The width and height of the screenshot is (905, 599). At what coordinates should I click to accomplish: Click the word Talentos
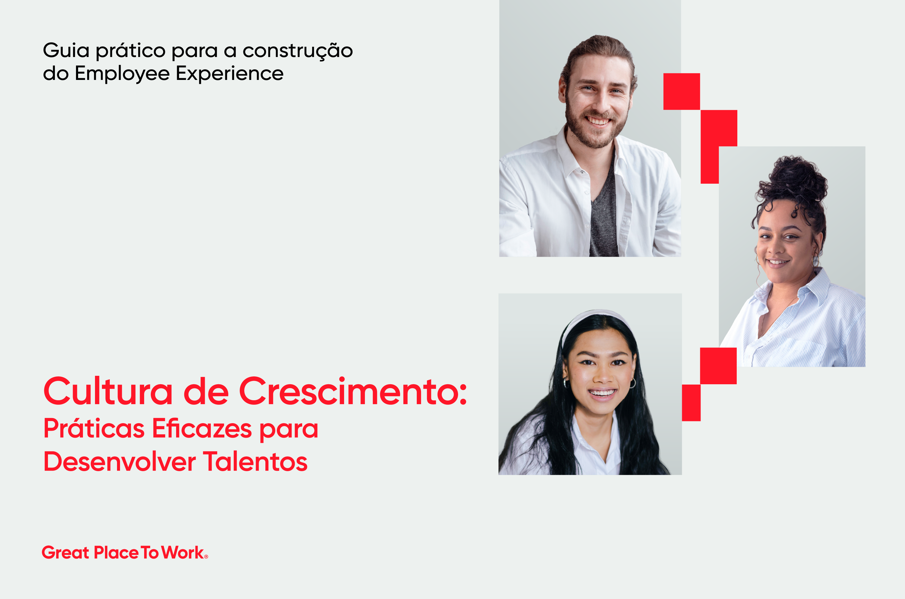[255, 461]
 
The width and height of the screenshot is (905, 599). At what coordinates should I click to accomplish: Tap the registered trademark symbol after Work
[206, 556]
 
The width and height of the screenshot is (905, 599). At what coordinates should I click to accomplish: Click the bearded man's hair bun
[600, 44]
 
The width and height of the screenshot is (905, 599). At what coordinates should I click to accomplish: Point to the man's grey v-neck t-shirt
[604, 214]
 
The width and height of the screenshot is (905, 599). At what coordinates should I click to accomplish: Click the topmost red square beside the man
[682, 92]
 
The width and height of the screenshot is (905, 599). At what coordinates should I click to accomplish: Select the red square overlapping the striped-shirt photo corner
[718, 366]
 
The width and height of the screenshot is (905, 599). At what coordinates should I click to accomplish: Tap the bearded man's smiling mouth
[598, 121]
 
